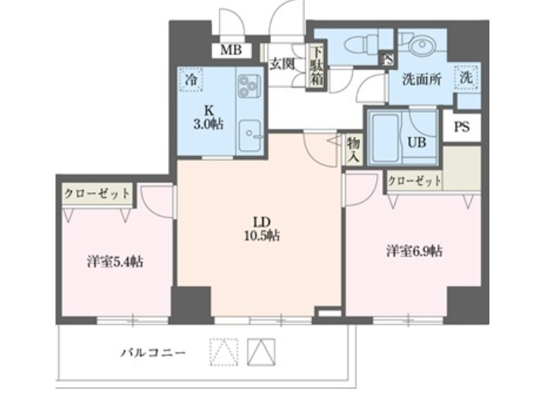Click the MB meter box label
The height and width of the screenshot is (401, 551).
[231, 50]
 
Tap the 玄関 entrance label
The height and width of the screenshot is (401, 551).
[282, 64]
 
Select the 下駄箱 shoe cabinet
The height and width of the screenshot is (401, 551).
[316, 67]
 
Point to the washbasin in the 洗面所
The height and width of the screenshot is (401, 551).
[422, 45]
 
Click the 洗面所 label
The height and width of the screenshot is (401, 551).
[422, 79]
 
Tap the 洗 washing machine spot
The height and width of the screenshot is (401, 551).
[466, 77]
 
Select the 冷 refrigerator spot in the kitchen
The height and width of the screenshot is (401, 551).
[191, 80]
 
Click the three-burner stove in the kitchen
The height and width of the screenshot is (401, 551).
[249, 86]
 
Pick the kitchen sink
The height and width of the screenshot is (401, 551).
[250, 135]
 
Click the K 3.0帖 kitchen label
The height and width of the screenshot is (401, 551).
[209, 117]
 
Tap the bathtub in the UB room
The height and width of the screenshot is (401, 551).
[385, 137]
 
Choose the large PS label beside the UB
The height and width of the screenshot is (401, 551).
[462, 126]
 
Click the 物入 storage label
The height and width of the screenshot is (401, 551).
[353, 150]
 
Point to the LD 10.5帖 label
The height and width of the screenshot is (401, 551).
[262, 228]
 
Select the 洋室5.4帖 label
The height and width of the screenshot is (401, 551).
[115, 262]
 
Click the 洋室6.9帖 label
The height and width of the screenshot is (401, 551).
[414, 251]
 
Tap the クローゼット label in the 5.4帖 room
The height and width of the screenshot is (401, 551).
[98, 194]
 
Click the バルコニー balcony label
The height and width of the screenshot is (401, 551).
[153, 352]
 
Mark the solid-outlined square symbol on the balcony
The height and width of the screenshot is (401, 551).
[260, 352]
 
